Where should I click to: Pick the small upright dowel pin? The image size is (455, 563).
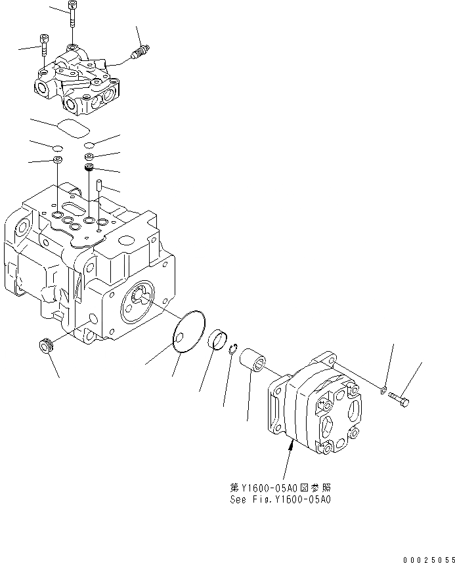pos(99,188)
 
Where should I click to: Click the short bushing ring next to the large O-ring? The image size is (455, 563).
pos(217,341)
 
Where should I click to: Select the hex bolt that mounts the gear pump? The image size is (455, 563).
pos(399,398)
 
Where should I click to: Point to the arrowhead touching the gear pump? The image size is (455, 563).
pos(290,446)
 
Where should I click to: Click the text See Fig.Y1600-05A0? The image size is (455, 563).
pos(280,499)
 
